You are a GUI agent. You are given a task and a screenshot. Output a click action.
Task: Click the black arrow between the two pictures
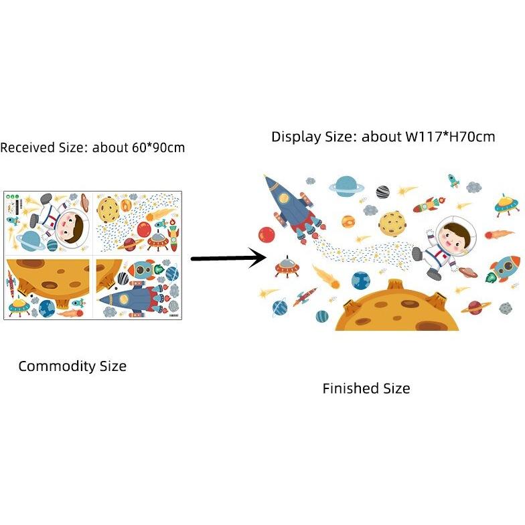coord(229,258)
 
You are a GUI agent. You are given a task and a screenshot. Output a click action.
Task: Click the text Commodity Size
coord(72,366)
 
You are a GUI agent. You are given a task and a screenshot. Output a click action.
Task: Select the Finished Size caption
coord(366,388)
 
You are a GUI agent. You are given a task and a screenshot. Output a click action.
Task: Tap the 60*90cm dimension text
coord(158,147)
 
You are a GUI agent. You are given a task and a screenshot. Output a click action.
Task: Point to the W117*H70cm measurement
coord(450,137)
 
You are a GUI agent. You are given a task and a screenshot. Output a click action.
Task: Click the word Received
coord(28,147)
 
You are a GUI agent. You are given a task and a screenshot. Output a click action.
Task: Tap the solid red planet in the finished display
coord(267,235)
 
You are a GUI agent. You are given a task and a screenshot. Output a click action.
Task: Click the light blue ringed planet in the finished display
coord(346,186)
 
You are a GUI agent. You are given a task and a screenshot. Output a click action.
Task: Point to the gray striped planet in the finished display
coord(383,192)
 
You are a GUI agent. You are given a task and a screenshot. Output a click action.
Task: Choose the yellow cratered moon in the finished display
coord(392,224)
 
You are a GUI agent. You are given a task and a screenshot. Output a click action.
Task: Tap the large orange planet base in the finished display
coord(396,307)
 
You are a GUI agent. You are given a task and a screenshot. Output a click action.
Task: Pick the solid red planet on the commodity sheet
coord(143,229)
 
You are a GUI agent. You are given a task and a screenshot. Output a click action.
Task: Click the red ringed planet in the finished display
coord(475,307)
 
